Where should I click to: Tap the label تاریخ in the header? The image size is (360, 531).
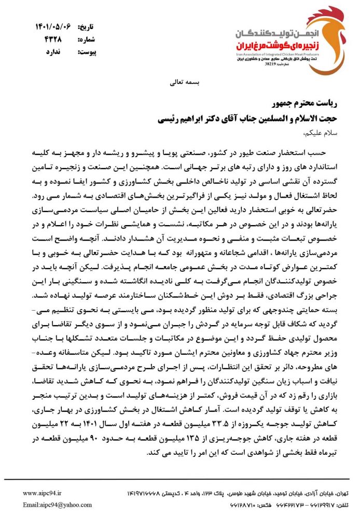pyautogui.click(x=86, y=26)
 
